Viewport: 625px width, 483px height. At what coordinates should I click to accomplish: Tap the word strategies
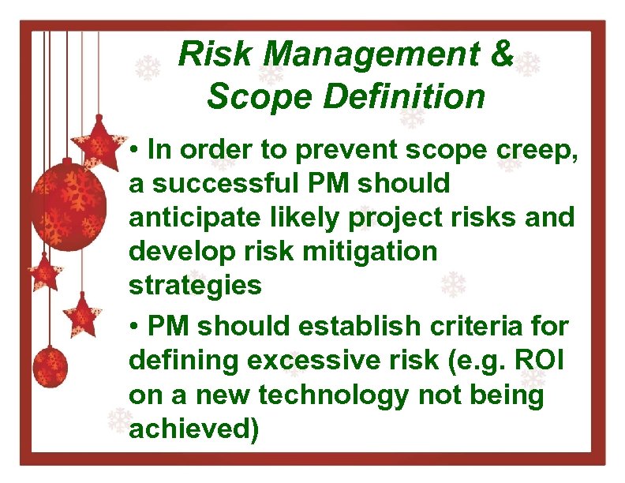click(x=195, y=285)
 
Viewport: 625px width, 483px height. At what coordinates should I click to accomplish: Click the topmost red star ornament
click(x=99, y=142)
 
